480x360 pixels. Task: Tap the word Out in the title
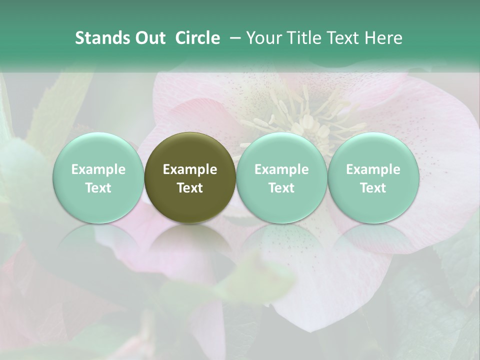pyautogui.click(x=149, y=38)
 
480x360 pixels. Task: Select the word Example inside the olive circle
pyautogui.click(x=190, y=169)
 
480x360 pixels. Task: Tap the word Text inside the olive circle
pyautogui.click(x=190, y=188)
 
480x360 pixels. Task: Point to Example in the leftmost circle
pyautogui.click(x=98, y=169)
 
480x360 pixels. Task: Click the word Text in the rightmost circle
pyautogui.click(x=373, y=188)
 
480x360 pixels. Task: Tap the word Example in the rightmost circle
pyautogui.click(x=373, y=169)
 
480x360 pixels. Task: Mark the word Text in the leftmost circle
pyautogui.click(x=98, y=188)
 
